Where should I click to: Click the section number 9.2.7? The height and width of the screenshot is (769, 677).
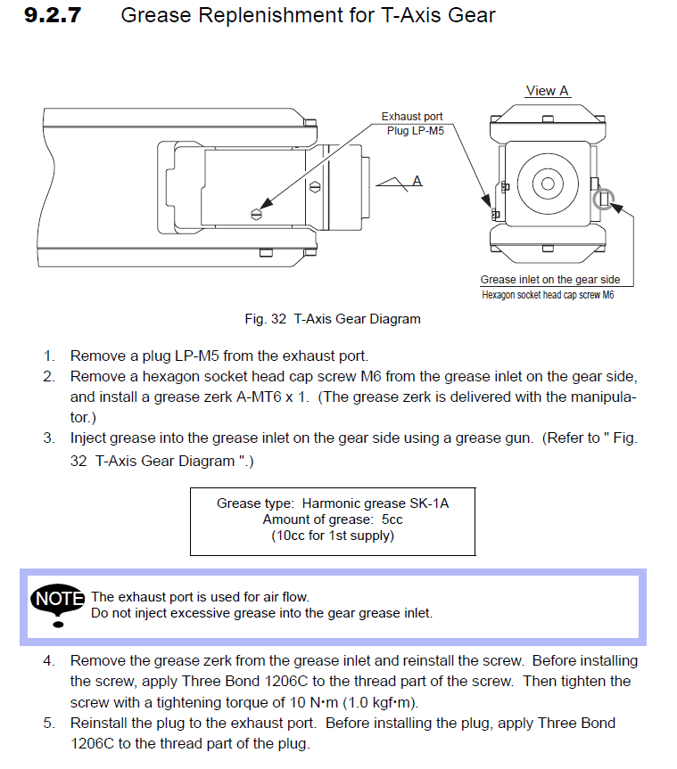(54, 16)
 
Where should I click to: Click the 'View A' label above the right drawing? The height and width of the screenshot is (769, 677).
(547, 91)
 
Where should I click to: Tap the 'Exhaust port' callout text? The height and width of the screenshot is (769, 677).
(411, 117)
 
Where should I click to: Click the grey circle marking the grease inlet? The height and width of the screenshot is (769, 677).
(604, 199)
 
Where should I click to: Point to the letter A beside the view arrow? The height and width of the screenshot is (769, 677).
(417, 181)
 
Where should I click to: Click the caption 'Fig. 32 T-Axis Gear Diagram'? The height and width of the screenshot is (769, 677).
(333, 318)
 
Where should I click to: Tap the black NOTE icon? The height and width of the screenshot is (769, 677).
(58, 600)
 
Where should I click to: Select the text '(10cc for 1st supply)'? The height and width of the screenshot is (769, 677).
(333, 536)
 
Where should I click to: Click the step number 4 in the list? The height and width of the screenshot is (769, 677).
(50, 661)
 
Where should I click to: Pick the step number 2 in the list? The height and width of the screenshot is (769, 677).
(50, 377)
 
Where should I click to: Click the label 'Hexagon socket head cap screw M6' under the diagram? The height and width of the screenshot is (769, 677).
(548, 295)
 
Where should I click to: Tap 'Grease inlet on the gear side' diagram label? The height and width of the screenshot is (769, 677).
(549, 280)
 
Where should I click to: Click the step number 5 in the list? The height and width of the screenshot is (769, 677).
(50, 723)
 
